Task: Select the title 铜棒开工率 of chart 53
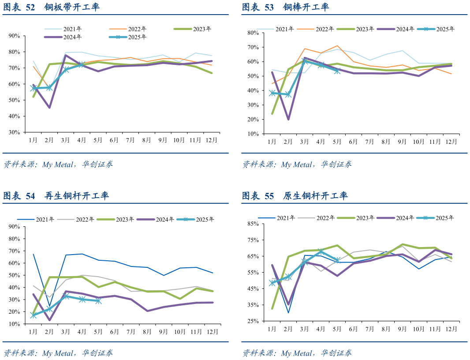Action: [306, 7]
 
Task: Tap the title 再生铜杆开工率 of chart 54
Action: [77, 196]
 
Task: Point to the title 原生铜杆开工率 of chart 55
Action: [315, 196]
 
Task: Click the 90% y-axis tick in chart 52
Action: [15, 36]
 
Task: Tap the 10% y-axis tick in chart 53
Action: [253, 134]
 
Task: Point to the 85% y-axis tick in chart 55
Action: [253, 224]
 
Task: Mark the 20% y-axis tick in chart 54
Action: [15, 312]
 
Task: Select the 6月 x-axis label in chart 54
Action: [114, 331]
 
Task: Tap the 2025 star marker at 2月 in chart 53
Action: [288, 94]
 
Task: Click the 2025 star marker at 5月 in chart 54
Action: [98, 301]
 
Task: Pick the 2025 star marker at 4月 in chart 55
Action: [321, 251]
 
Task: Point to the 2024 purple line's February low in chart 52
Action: [49, 107]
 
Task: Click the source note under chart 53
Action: [297, 165]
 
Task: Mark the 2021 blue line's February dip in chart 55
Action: [288, 313]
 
